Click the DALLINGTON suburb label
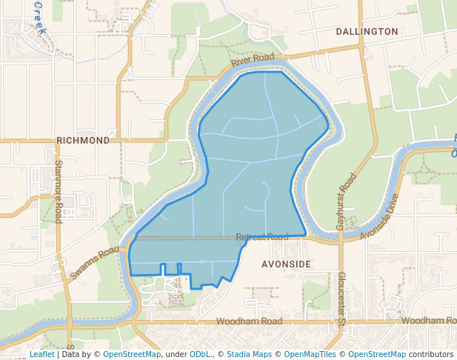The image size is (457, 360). click(367, 32)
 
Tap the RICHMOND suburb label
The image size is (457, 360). click(83, 139)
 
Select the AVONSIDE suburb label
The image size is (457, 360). click(286, 264)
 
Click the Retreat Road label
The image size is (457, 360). click(262, 237)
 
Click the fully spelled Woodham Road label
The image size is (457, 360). click(250, 321)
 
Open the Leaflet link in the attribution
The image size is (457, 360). click(41, 354)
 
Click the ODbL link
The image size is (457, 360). click(200, 354)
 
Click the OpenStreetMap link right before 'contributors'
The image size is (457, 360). click(377, 354)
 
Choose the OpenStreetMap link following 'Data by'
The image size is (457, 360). click(132, 354)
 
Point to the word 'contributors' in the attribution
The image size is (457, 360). click(431, 354)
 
